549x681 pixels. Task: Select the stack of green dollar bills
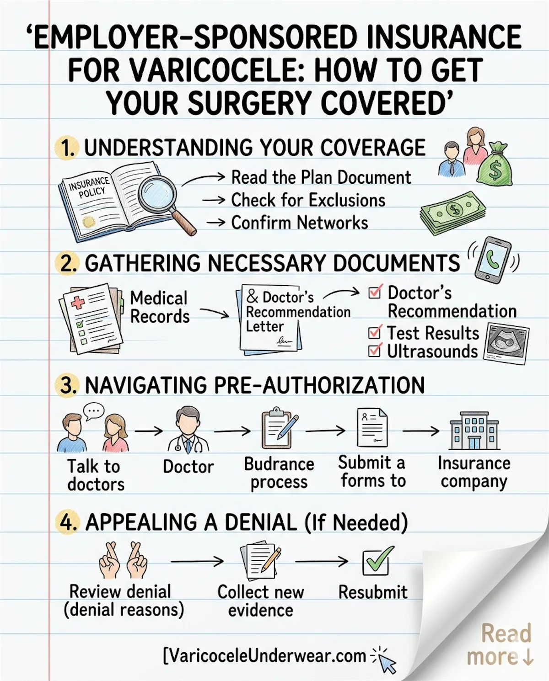point(453,213)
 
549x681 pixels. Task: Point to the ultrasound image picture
point(506,343)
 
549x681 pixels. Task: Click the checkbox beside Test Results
point(375,332)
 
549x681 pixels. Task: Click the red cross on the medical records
point(78,302)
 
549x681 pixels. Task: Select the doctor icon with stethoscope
point(188,431)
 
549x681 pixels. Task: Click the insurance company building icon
point(474,431)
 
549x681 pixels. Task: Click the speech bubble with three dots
point(94,411)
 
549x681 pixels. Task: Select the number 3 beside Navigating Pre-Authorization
point(66,385)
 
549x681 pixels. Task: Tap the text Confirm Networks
point(299,223)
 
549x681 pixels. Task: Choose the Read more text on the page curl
point(500,644)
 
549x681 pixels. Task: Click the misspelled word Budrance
point(279,464)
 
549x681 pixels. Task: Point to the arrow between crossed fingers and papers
point(197,561)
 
